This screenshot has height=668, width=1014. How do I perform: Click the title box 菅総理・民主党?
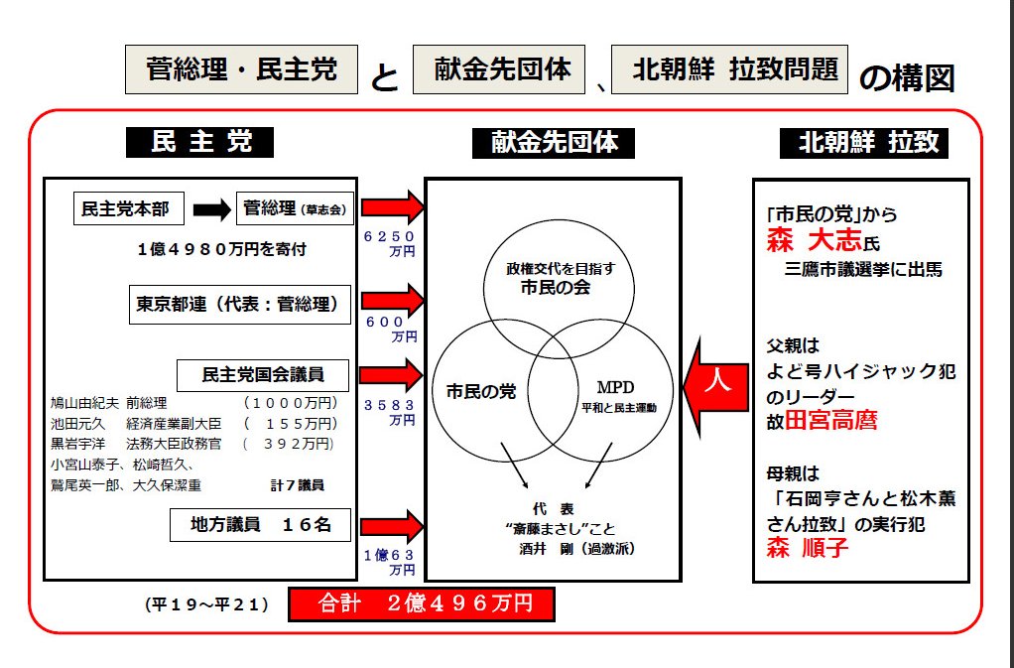[x=241, y=69]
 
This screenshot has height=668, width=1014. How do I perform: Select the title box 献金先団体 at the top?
[x=499, y=69]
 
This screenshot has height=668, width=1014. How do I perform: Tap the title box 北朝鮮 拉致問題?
[x=730, y=69]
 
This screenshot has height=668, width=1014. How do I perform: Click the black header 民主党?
[x=200, y=142]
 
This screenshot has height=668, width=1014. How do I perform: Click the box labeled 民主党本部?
[x=126, y=208]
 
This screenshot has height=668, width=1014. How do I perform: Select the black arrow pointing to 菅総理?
[x=211, y=209]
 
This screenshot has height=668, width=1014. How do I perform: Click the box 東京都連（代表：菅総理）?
[x=241, y=305]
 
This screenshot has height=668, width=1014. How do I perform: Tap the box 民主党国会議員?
[x=263, y=375]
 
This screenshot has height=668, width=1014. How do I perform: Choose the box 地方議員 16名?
[x=259, y=525]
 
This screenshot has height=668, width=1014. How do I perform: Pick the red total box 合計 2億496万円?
[x=421, y=603]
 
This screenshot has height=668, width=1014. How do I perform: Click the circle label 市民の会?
[x=553, y=289]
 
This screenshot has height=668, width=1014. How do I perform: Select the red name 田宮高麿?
[x=831, y=419]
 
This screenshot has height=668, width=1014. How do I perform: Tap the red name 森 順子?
[x=808, y=548]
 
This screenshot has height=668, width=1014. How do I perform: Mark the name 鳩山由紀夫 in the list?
[x=85, y=403]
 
